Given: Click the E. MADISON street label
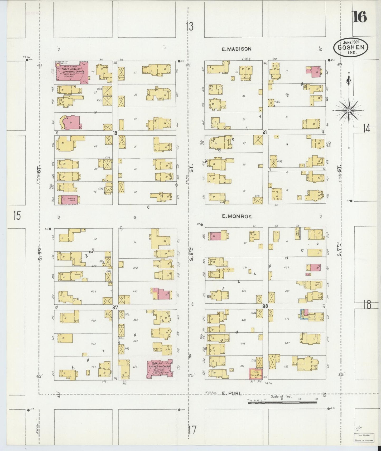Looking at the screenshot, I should (236, 49).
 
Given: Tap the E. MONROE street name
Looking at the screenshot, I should (237, 217).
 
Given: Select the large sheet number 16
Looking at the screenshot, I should (360, 17).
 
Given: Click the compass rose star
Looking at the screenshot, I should (349, 111).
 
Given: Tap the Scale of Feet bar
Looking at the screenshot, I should (282, 402).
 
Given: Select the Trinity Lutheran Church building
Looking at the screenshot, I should (160, 369).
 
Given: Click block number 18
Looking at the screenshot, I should (115, 133).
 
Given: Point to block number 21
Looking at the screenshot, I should (265, 133).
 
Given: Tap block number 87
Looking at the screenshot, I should (115, 307).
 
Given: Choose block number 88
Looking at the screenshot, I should (265, 306).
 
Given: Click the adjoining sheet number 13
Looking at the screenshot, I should (189, 27).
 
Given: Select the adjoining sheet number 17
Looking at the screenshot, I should (192, 430).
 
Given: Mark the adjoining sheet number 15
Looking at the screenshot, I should (17, 216).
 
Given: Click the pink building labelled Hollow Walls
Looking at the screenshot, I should (70, 200).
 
